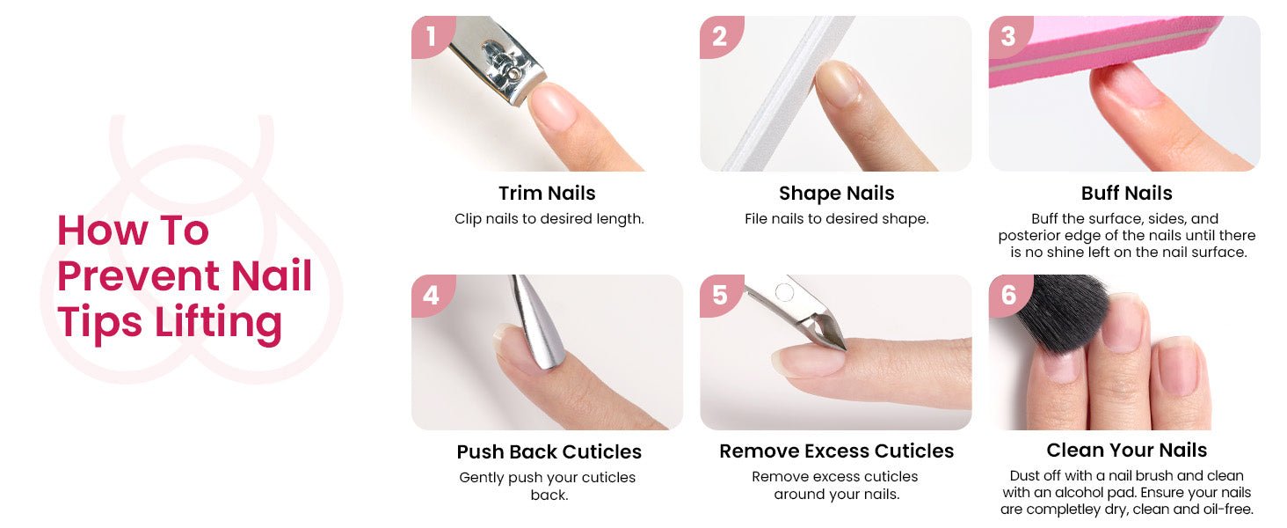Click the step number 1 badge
click(432, 36)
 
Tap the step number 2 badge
click(721, 36)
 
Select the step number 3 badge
click(1009, 36)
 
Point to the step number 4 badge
click(432, 296)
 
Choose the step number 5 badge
click(721, 296)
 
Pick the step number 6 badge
click(1009, 296)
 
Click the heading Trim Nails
click(547, 194)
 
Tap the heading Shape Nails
click(837, 194)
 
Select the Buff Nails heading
click(1127, 194)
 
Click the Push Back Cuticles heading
click(549, 452)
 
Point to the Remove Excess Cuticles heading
click(837, 451)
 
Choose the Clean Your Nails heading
click(1127, 451)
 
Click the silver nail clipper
click(497, 61)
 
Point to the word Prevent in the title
click(139, 276)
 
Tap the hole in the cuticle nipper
click(784, 293)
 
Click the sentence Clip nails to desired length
click(549, 219)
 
